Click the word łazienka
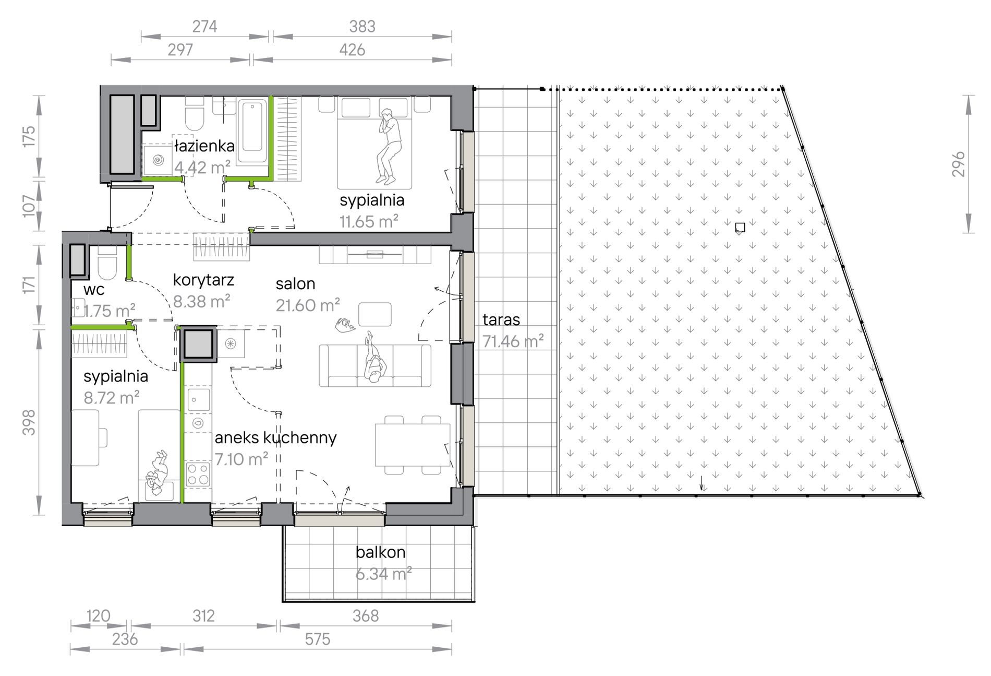coord(204,146)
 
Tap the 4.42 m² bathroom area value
coord(202,168)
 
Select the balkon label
coord(380,552)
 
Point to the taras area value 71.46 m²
coord(513,341)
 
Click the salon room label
coord(295,284)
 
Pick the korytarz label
coord(203,280)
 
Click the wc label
coord(94,290)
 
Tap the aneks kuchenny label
coord(275,437)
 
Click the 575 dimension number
coord(317,639)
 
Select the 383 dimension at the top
coord(362,26)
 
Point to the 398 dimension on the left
coord(29,422)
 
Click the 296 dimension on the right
coord(958,164)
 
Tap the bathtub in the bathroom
coord(252,133)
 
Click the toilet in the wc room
coord(107,264)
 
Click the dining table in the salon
coord(412,445)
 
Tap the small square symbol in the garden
coord(740,227)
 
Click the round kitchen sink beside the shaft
coord(230,343)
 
